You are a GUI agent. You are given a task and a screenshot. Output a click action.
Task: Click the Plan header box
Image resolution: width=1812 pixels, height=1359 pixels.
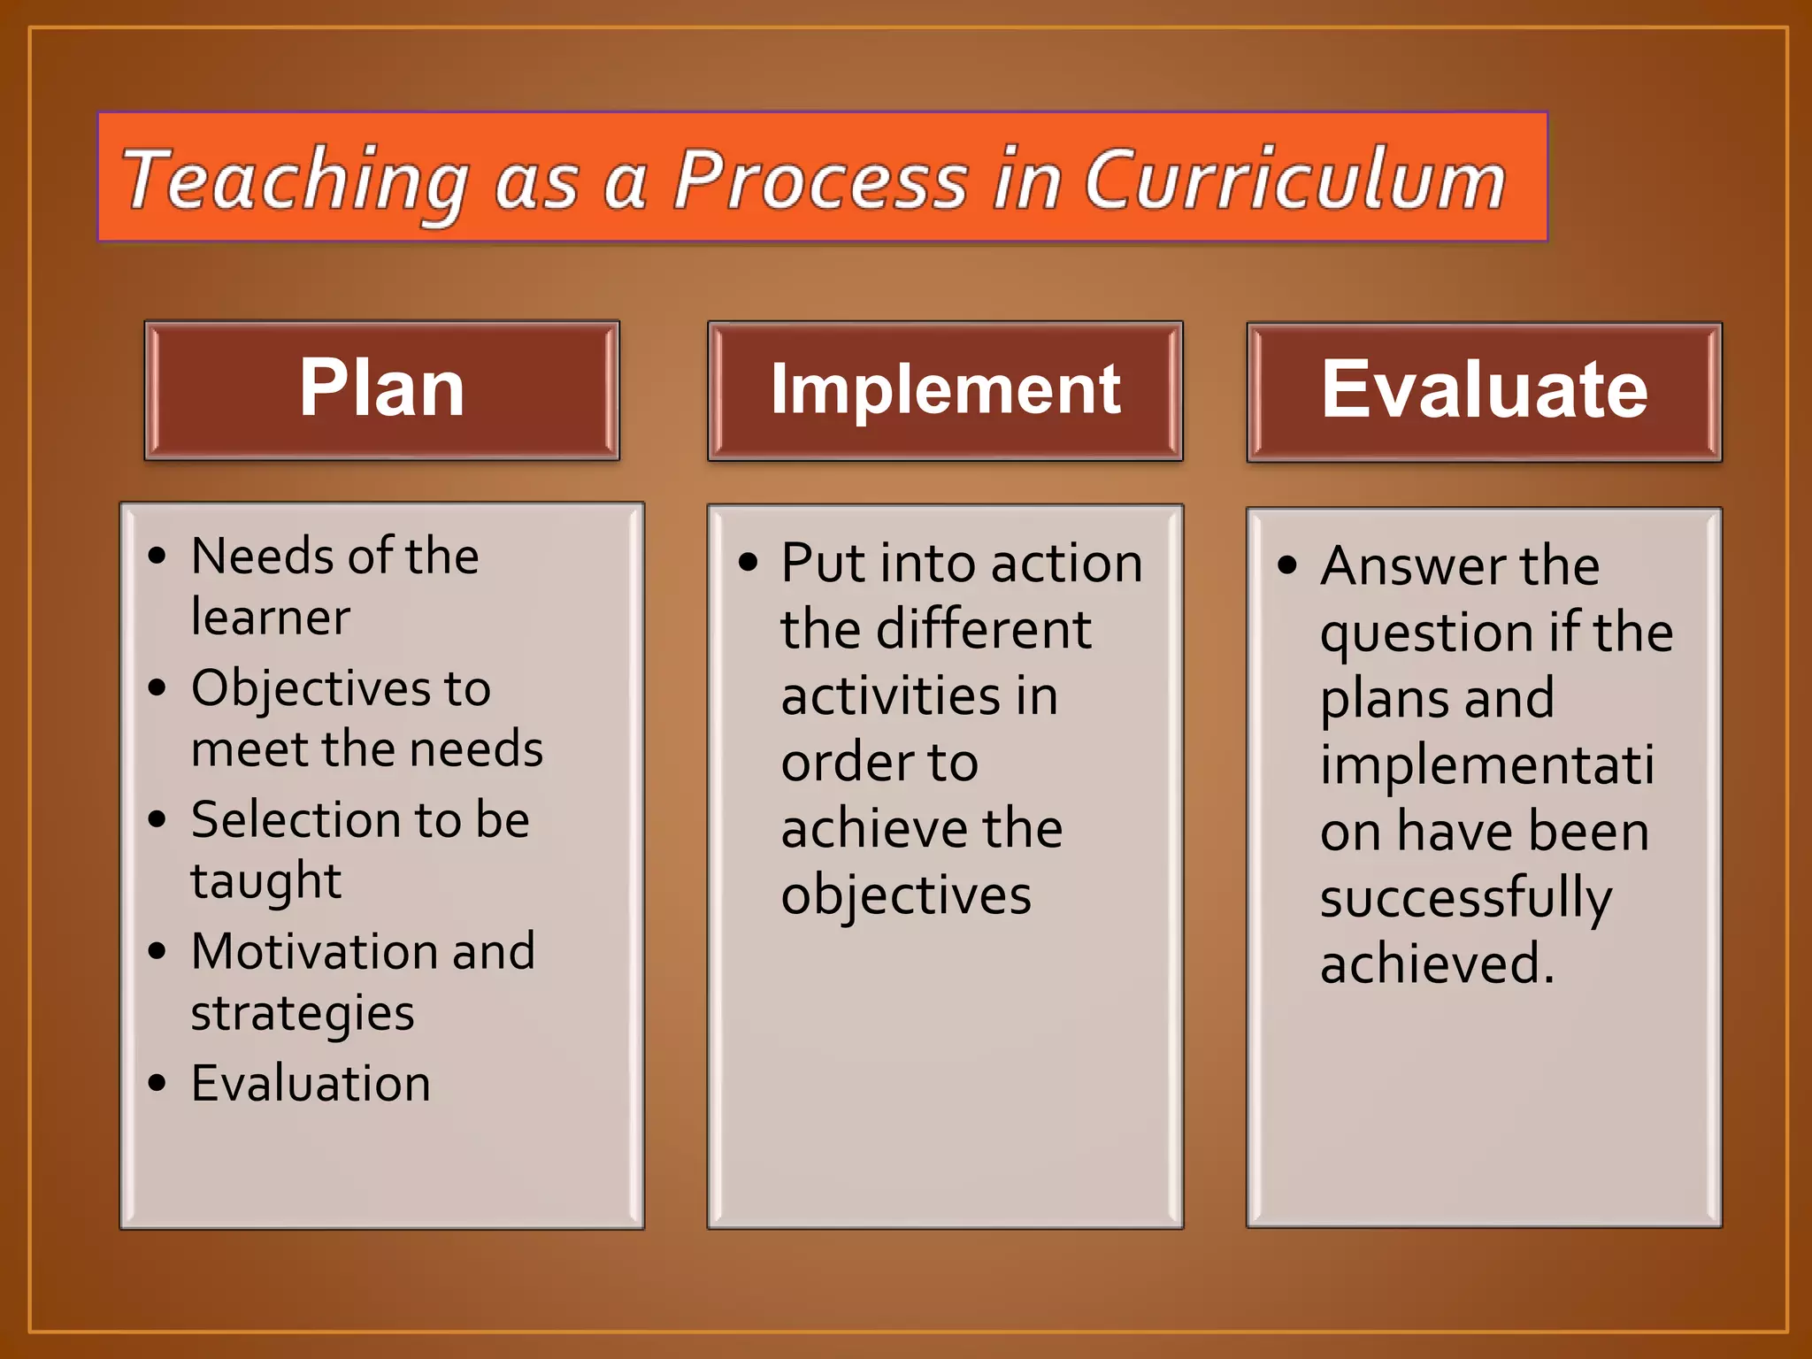click(381, 390)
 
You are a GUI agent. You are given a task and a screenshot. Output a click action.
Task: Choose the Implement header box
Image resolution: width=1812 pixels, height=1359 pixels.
click(945, 390)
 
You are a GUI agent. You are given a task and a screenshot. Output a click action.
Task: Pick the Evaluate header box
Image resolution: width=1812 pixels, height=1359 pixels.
click(1484, 391)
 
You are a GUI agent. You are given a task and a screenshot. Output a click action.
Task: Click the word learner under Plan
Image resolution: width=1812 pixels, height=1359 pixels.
click(271, 617)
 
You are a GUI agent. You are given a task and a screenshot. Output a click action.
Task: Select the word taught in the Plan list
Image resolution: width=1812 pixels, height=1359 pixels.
click(265, 881)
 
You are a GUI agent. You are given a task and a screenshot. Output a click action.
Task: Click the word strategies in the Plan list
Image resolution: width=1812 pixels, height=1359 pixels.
click(303, 1014)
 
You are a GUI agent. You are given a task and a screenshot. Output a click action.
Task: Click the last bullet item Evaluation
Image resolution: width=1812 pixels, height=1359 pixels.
click(311, 1084)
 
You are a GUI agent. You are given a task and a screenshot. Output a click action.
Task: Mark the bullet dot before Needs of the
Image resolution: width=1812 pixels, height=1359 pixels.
click(157, 557)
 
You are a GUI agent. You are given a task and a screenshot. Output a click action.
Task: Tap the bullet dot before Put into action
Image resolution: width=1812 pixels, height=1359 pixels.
click(749, 563)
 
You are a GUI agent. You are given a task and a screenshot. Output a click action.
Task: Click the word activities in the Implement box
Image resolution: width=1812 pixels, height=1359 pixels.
click(877, 696)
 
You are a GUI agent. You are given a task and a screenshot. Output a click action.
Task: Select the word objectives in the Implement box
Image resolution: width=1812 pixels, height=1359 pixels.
click(906, 895)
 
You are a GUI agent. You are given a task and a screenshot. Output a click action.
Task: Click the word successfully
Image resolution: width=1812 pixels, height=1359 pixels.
click(1466, 899)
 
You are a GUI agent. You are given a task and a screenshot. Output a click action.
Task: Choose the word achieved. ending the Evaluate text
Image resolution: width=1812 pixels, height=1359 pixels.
click(1437, 964)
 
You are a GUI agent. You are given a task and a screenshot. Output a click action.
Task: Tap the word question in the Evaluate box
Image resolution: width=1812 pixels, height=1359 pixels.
click(1426, 634)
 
